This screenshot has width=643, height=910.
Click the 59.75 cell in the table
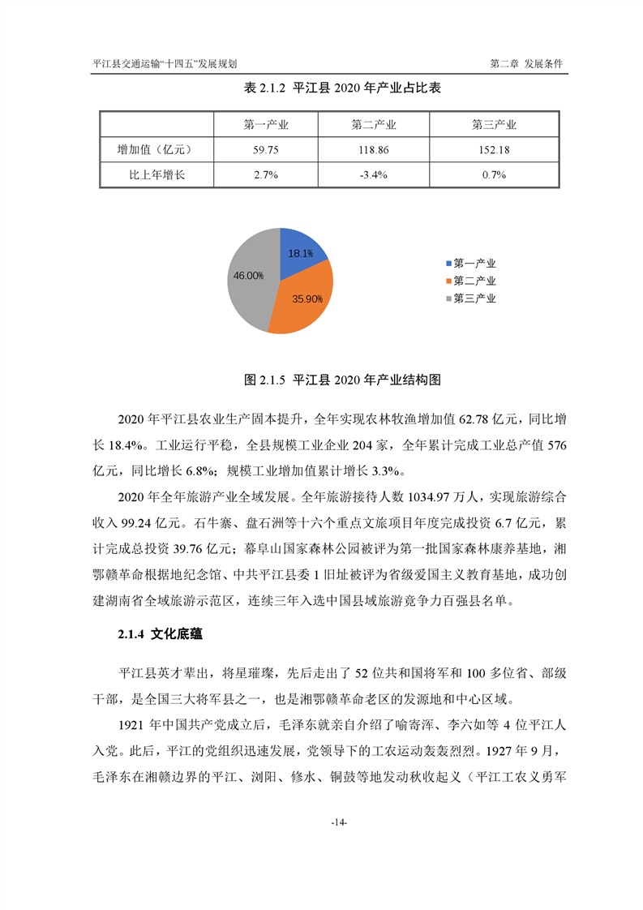[266, 150]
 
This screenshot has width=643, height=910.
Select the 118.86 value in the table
[373, 150]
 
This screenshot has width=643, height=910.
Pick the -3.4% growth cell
[373, 174]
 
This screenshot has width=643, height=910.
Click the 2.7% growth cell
[266, 174]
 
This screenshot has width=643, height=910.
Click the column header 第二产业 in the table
[373, 125]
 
